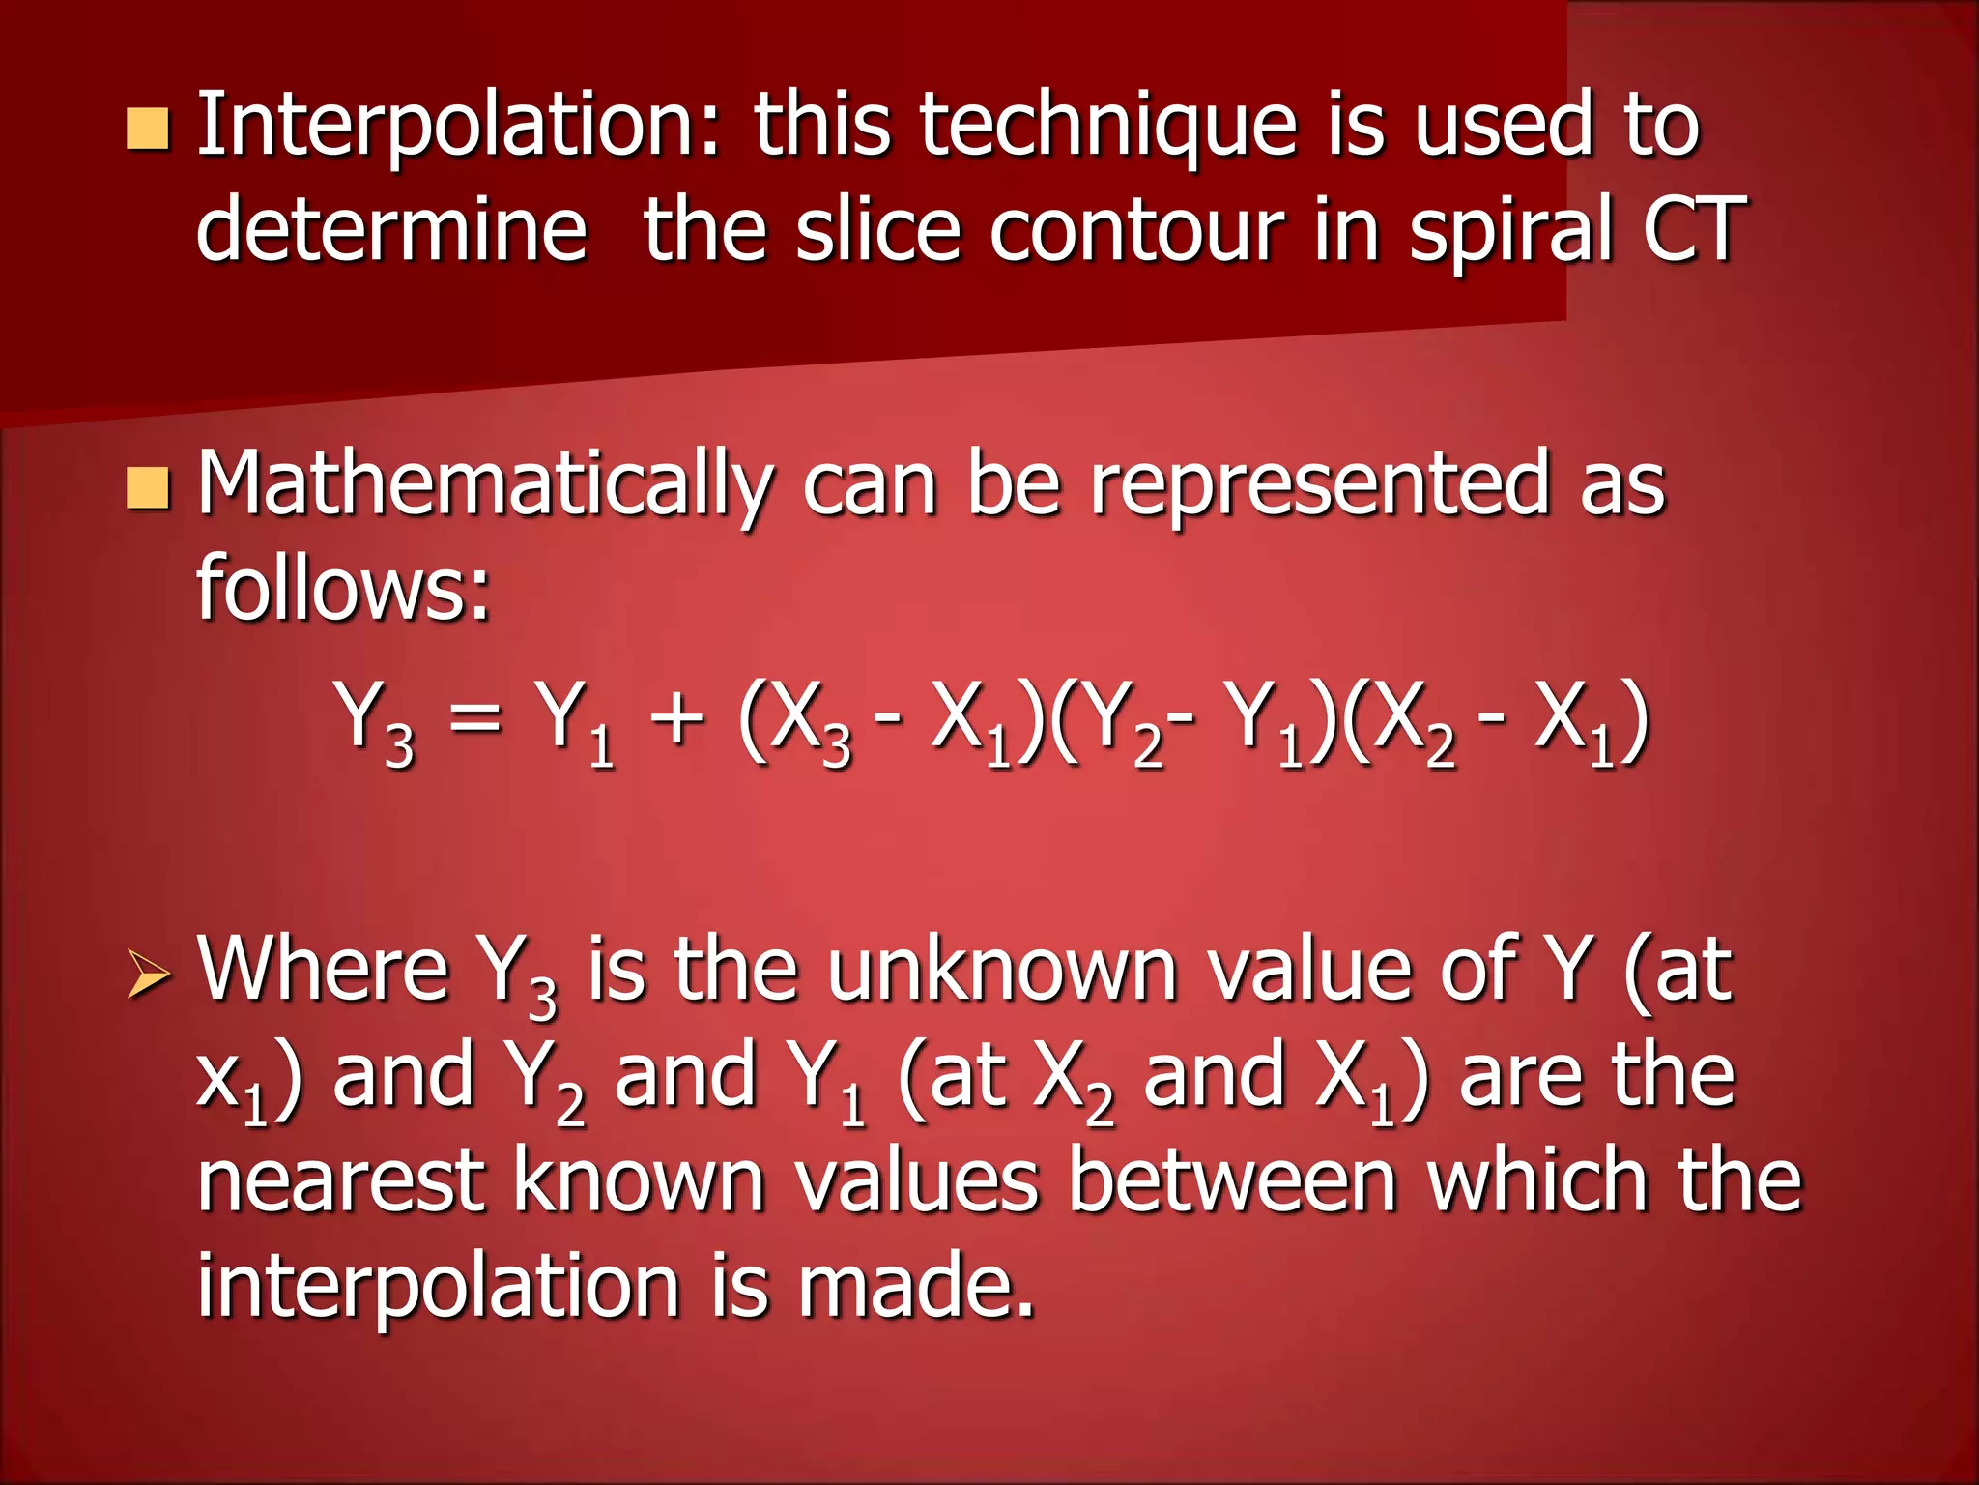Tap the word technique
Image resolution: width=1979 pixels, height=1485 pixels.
(x=1107, y=126)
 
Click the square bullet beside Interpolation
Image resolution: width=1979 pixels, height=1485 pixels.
(x=148, y=131)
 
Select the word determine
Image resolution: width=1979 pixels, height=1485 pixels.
(x=391, y=230)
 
